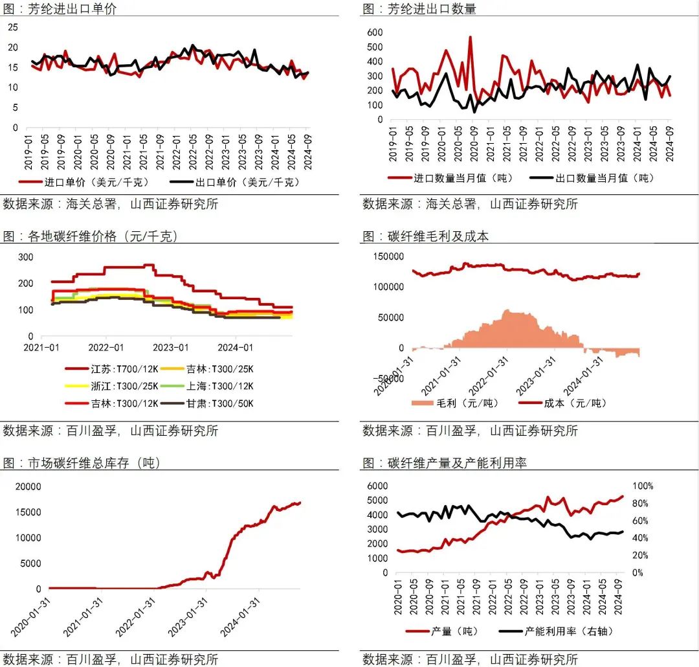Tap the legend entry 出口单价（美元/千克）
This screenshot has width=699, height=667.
click(x=234, y=182)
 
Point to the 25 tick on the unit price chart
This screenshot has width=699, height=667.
click(x=13, y=27)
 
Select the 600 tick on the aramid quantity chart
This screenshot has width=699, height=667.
click(x=375, y=32)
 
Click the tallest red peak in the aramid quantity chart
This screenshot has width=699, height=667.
click(x=470, y=37)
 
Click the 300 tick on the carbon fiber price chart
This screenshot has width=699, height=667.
click(x=25, y=256)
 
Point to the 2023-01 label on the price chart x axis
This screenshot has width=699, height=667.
click(x=172, y=348)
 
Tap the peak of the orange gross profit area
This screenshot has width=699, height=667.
click(x=507, y=311)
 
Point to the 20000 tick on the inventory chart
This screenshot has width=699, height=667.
click(x=28, y=486)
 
